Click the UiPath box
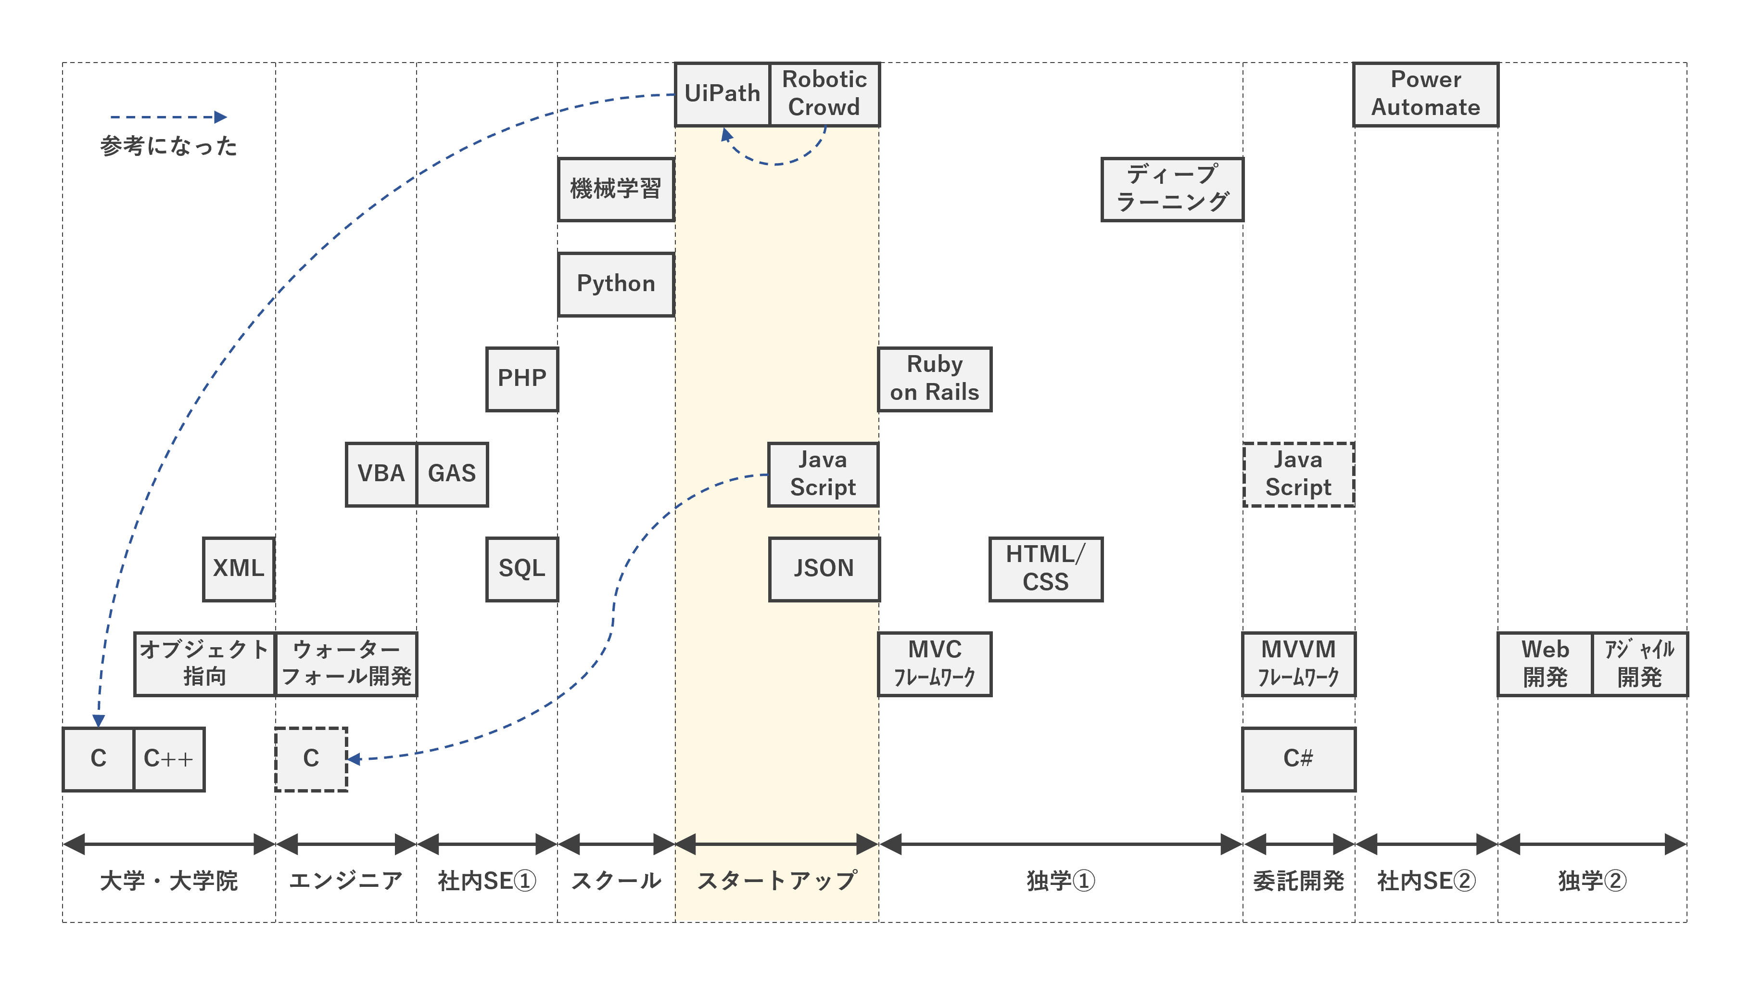tap(722, 94)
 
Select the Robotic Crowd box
tap(824, 94)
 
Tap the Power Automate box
tap(1425, 94)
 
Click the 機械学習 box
tap(616, 189)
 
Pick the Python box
tap(616, 284)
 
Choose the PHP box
tap(522, 379)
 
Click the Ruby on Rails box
tap(934, 379)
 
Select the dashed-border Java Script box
tap(1298, 474)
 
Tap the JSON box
tap(824, 568)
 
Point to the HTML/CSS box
tap(1045, 568)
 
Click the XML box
tap(239, 568)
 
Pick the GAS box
tap(452, 474)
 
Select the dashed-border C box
tap(311, 759)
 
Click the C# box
tap(1298, 759)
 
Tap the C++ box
tap(168, 759)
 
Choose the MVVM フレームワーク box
tap(1298, 664)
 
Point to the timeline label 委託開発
tap(1298, 881)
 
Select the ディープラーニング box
tap(1172, 189)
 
